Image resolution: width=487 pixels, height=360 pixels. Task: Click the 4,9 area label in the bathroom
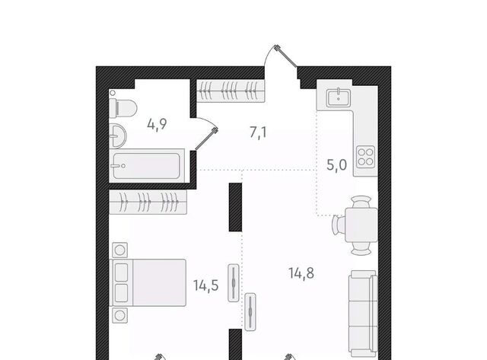click(158, 125)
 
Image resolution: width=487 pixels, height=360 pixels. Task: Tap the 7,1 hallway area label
click(258, 132)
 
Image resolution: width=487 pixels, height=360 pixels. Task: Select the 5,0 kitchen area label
click(336, 165)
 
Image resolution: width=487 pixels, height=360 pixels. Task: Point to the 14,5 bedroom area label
click(206, 285)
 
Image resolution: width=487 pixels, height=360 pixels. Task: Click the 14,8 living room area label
click(301, 273)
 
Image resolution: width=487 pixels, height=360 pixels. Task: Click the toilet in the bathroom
click(123, 108)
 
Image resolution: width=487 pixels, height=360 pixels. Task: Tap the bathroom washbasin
click(118, 135)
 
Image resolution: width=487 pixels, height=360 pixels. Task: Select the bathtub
click(146, 166)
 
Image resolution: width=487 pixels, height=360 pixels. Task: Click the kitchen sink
click(339, 97)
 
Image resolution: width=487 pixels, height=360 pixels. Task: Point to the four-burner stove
click(365, 157)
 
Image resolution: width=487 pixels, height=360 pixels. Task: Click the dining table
click(361, 225)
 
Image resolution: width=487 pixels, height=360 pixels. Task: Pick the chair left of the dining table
click(338, 225)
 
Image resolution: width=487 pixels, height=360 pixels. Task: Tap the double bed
click(148, 282)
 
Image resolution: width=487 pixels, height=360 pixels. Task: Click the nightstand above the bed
click(120, 250)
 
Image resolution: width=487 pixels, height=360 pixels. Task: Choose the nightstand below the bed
click(120, 316)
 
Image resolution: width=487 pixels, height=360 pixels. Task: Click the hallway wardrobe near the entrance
click(231, 91)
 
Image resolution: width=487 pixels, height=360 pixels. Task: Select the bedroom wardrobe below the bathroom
click(148, 202)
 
